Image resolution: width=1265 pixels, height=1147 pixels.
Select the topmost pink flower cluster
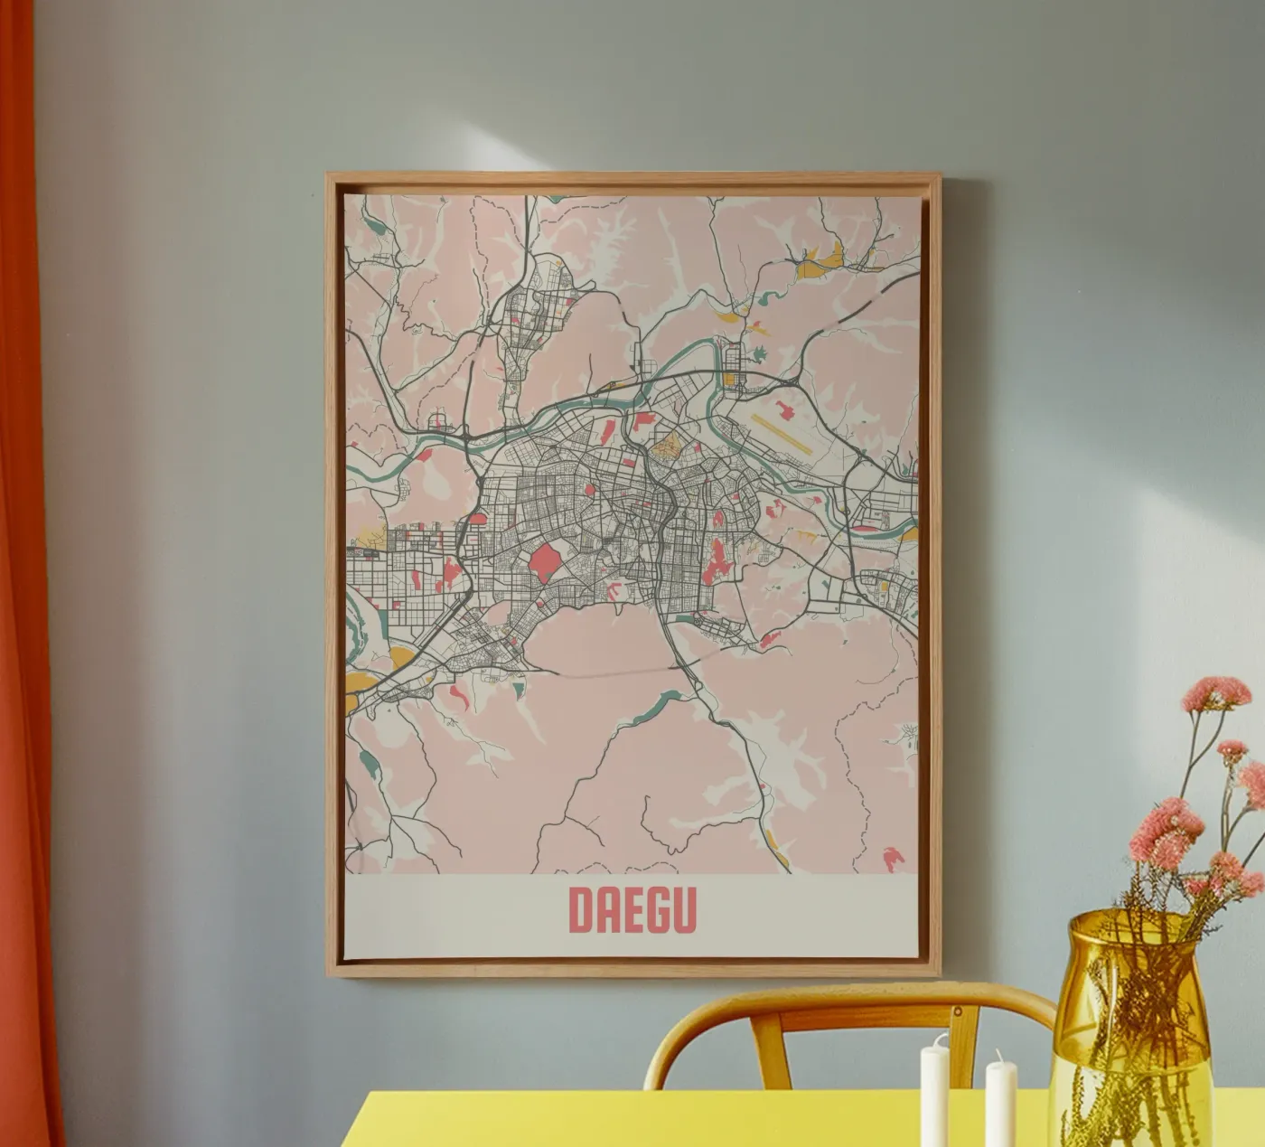tap(1216, 693)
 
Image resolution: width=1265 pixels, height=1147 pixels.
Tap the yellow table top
tap(632, 1121)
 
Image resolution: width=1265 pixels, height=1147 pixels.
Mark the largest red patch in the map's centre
tap(544, 565)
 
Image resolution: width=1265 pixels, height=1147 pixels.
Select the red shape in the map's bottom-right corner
tap(893, 858)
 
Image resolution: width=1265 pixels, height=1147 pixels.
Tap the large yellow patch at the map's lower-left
tap(405, 659)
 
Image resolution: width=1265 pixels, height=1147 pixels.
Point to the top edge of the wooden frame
tap(632, 178)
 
